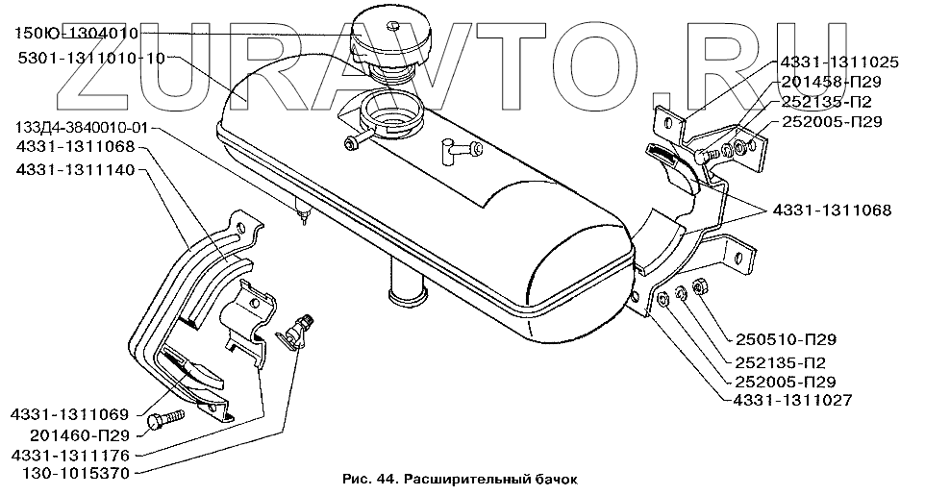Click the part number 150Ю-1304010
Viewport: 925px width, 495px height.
78,34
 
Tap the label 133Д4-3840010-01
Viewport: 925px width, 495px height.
81,128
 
